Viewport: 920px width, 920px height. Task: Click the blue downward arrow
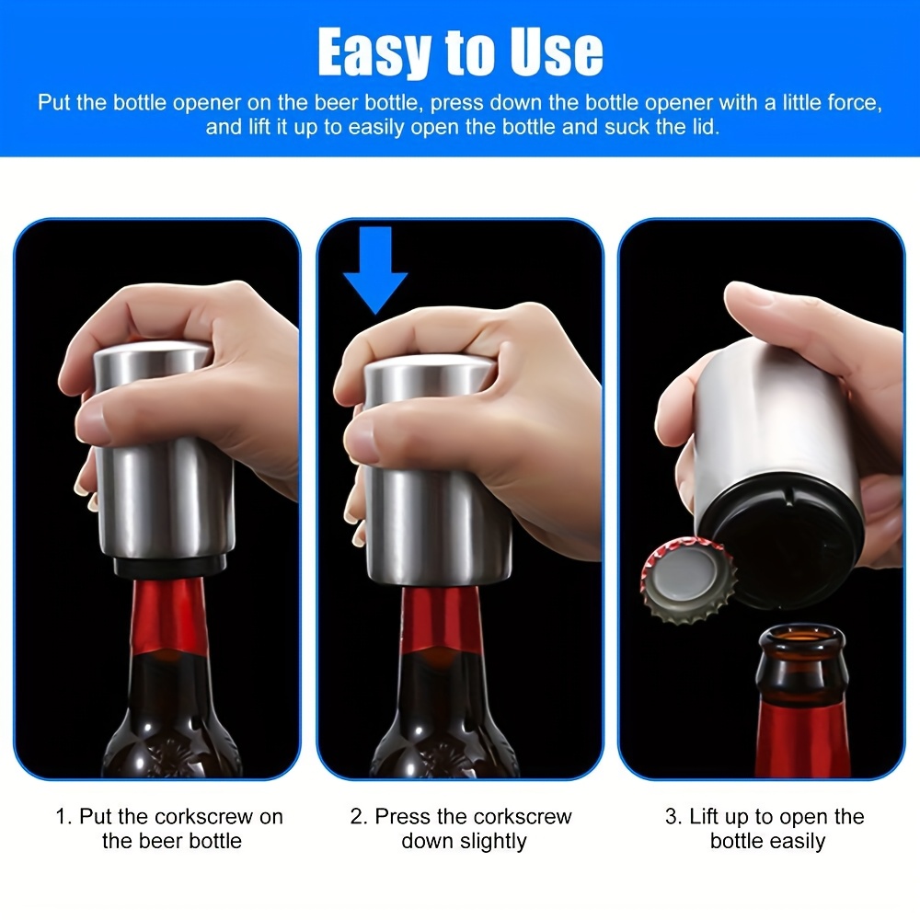point(375,267)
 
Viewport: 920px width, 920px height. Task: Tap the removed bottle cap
point(687,581)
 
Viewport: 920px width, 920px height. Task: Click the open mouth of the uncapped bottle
point(802,636)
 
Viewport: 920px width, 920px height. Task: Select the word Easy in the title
point(375,52)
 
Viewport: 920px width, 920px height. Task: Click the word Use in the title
point(557,52)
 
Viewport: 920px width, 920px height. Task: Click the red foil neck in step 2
point(440,619)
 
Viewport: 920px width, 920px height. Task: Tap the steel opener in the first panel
point(165,452)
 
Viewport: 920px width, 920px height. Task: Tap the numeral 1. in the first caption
point(64,817)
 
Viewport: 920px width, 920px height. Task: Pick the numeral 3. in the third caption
point(674,817)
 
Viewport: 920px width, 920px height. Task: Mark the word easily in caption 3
point(797,842)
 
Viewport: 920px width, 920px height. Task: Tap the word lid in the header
point(707,127)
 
